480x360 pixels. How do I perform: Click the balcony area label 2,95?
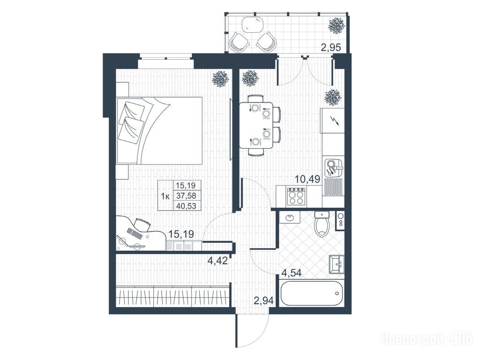click(330, 48)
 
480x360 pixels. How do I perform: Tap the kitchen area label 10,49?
click(307, 179)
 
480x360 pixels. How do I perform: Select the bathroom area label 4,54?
click(292, 273)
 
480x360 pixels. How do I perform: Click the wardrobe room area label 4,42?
click(217, 261)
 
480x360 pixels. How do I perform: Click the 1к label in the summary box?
click(165, 196)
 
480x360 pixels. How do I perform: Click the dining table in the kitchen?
click(256, 125)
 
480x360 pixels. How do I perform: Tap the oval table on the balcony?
click(253, 24)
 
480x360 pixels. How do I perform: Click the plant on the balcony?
click(337, 26)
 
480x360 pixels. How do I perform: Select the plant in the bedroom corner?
click(221, 78)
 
